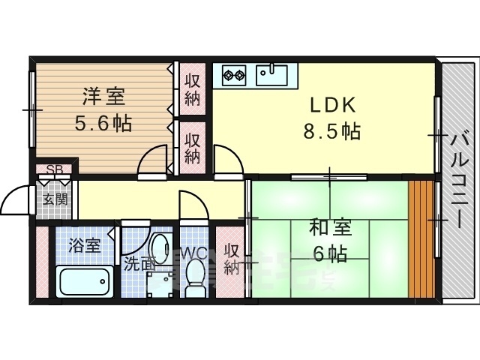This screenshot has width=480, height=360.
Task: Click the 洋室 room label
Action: point(104,97)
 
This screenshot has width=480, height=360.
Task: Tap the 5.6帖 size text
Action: point(104,122)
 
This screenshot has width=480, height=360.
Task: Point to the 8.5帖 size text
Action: point(331,132)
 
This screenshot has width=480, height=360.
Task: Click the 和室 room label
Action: point(329,228)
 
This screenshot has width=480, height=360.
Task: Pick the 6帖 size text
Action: point(330,253)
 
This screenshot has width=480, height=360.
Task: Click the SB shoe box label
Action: point(55,170)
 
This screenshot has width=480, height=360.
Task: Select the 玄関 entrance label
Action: point(55,199)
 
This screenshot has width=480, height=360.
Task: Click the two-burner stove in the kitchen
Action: point(234,74)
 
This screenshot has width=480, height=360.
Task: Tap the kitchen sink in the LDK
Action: point(271,74)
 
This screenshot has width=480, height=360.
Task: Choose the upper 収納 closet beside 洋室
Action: point(193,88)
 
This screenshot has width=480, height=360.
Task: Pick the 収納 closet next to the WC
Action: point(232,259)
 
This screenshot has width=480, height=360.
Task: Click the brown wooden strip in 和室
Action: point(422,238)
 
